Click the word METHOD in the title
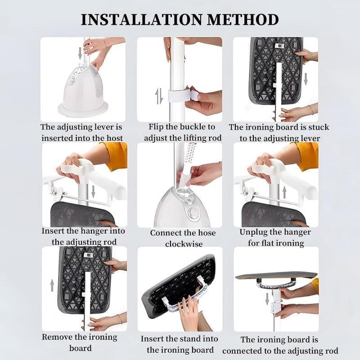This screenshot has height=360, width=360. coord(243,19)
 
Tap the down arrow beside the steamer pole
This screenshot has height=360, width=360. coord(80,53)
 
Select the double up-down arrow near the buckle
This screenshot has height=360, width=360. coord(159,96)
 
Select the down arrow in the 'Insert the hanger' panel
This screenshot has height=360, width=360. coord(93,192)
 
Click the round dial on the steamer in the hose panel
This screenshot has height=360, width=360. coord(192,212)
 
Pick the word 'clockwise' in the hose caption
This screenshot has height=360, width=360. coord(184,244)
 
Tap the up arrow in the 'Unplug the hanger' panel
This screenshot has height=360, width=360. coord(284,193)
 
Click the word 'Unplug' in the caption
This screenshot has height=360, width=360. coord(254,232)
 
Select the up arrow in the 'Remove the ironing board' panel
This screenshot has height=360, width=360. coord(52,285)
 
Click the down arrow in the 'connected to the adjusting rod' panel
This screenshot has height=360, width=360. coord(267,299)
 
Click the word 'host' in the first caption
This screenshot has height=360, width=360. coord(114,138)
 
